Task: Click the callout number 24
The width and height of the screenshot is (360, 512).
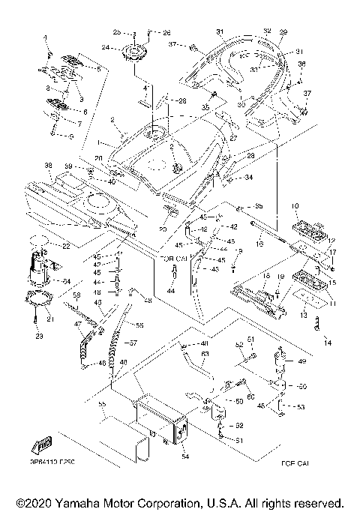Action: pos(105,47)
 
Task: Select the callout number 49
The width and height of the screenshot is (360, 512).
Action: pos(302,361)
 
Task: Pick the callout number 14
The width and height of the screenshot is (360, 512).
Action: pos(327,342)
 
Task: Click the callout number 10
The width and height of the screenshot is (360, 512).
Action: pos(294,205)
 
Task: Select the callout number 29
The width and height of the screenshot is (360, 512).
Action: pos(283,32)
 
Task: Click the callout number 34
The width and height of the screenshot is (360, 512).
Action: pos(248,178)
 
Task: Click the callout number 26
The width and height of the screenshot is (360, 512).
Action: pos(166,33)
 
